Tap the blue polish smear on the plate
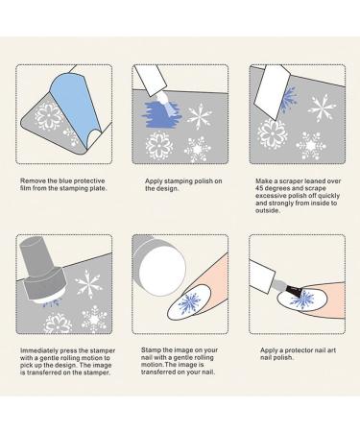pos(162,114)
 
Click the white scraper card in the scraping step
pos(272,93)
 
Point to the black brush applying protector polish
pos(294,291)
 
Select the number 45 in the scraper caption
pos(259,188)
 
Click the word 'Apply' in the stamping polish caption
pos(154,181)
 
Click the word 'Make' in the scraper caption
pos(263,181)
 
